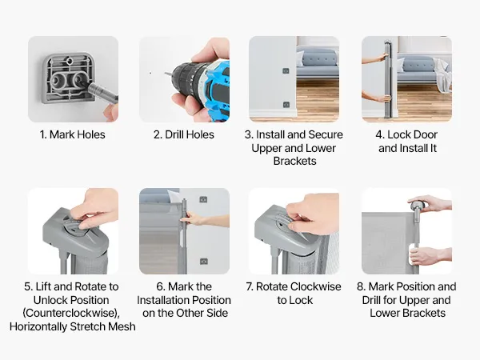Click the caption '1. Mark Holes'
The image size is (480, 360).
pos(73,134)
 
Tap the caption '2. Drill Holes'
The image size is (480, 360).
pos(184,134)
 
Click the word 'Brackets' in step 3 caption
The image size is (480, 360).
pos(294,161)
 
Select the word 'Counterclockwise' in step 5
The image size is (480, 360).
pos(70,313)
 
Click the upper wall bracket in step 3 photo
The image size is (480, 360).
pos(286,71)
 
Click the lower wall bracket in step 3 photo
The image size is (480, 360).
pos(286,105)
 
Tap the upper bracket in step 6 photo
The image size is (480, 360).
pos(203,199)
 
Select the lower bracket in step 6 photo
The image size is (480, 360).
pos(203,262)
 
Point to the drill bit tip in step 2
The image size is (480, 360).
pos(165,74)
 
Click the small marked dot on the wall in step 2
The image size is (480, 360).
pos(150,73)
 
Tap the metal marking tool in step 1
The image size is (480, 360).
pos(102,92)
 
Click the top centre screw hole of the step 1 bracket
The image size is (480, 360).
pos(70,61)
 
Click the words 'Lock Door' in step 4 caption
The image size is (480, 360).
pos(412,134)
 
